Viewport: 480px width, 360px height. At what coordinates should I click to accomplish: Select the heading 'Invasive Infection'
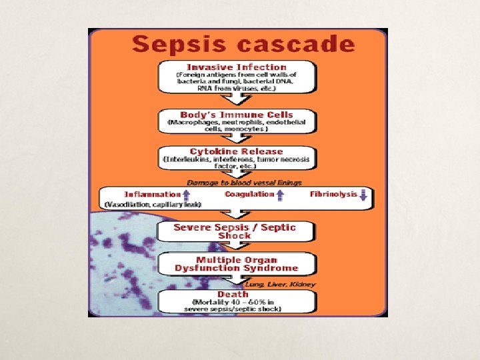pos(237,67)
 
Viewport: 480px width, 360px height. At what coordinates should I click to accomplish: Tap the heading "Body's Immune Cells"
pos(237,115)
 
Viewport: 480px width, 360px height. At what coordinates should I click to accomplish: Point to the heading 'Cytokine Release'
pos(237,151)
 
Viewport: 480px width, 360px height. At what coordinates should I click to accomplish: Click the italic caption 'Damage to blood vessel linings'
pos(244,182)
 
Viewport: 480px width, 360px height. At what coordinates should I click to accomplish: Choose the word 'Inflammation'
pos(153,194)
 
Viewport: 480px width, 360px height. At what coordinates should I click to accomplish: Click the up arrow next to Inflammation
pos(187,195)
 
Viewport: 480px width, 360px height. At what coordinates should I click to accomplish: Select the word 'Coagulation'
pos(249,194)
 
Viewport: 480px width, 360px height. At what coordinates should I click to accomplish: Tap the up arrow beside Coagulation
pos(280,195)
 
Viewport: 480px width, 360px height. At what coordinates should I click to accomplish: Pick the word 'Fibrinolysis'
pos(333,194)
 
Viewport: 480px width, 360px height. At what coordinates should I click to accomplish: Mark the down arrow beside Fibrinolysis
pos(363,195)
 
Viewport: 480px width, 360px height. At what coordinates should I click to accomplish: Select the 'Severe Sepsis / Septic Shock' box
pos(235,231)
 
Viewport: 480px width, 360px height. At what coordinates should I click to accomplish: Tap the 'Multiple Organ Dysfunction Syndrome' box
pos(237,264)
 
